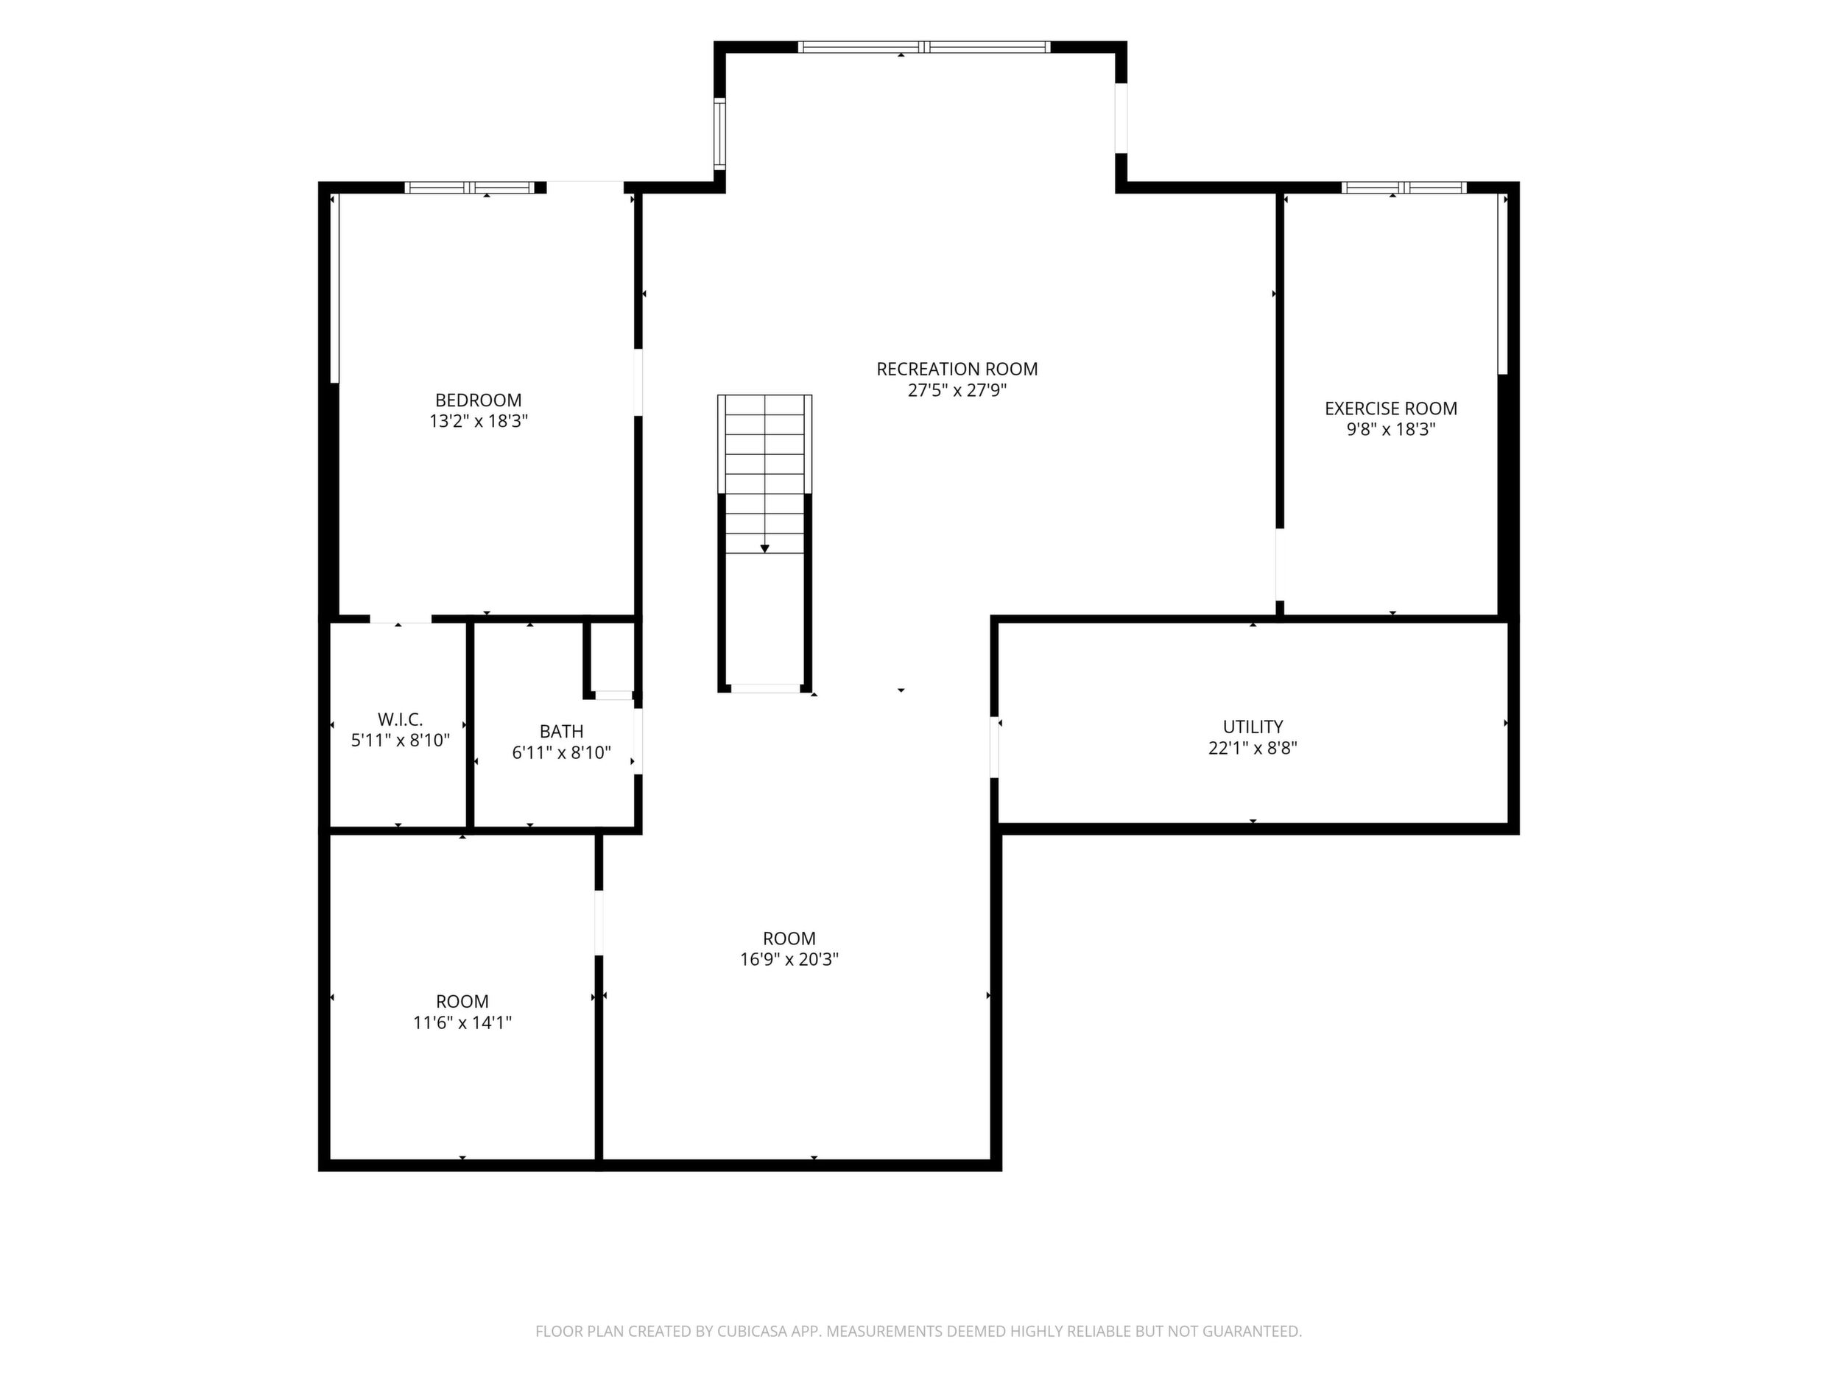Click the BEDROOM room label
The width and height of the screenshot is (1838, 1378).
(x=479, y=400)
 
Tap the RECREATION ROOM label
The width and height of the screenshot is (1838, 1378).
(x=957, y=369)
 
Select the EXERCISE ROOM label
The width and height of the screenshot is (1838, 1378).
(x=1391, y=409)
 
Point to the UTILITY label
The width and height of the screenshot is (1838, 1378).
(x=1253, y=727)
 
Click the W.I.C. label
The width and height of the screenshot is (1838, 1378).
(x=401, y=719)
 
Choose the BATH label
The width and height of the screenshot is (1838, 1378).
(x=562, y=732)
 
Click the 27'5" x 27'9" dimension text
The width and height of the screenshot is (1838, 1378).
(x=957, y=390)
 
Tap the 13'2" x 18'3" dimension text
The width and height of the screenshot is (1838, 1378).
(x=479, y=421)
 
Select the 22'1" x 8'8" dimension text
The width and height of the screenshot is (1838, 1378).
(x=1253, y=748)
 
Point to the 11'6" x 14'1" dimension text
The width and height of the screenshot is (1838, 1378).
(x=463, y=1022)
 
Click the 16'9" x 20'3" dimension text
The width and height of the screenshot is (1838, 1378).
(x=789, y=959)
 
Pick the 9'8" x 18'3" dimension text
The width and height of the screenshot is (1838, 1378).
(x=1391, y=429)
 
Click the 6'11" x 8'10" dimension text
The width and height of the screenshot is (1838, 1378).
(x=562, y=752)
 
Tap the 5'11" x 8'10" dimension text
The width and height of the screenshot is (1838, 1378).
(x=401, y=740)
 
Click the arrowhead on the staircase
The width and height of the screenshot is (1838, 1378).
(x=764, y=548)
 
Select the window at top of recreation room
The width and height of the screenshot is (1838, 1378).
(x=924, y=47)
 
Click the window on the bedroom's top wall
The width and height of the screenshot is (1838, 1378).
(x=470, y=188)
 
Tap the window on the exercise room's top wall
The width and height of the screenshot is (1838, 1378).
(x=1404, y=188)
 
